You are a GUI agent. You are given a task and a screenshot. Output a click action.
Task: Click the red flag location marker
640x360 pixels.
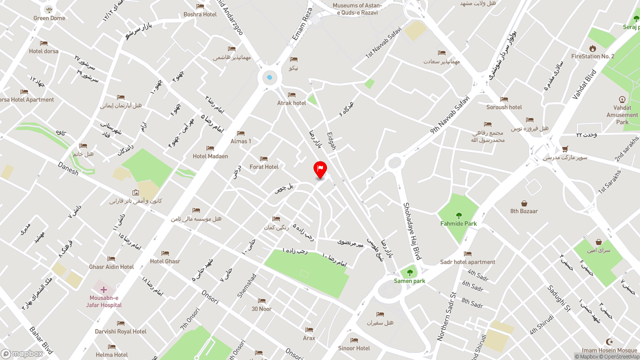click(x=320, y=169)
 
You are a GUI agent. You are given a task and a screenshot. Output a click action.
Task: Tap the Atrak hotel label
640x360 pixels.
click(x=291, y=103)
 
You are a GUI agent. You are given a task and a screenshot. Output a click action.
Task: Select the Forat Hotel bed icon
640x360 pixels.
click(x=264, y=159)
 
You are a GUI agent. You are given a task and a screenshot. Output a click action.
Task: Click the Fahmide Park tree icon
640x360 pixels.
click(x=459, y=215)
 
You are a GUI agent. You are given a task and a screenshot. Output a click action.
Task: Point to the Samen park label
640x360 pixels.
click(x=409, y=281)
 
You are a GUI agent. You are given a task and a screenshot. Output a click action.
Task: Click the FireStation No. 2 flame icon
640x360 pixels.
click(x=592, y=48)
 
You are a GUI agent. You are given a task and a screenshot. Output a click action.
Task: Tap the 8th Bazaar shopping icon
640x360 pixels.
click(x=524, y=203)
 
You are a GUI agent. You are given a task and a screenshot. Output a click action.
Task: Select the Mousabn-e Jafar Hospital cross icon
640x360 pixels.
click(x=103, y=289)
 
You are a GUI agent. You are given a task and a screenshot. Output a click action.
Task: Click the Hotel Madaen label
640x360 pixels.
click(x=210, y=156)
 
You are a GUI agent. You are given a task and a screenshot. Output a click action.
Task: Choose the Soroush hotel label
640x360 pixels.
click(x=504, y=107)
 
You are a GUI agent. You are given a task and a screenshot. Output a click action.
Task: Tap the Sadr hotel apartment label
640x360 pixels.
click(x=467, y=262)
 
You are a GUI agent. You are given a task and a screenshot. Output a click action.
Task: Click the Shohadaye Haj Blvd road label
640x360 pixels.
click(x=412, y=231)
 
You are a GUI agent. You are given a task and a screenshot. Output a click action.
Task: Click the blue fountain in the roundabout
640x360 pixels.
click(x=269, y=77)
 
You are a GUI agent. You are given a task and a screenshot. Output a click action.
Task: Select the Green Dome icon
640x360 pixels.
click(x=49, y=9)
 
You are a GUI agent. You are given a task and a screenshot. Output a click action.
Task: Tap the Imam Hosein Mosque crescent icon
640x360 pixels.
click(x=609, y=341)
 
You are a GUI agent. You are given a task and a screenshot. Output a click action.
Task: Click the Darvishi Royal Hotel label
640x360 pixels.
click(x=120, y=331)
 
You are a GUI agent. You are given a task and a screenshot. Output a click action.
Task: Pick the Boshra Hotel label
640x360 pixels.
click(x=200, y=14)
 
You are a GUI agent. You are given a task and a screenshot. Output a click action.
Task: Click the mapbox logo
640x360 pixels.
click(x=22, y=353)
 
